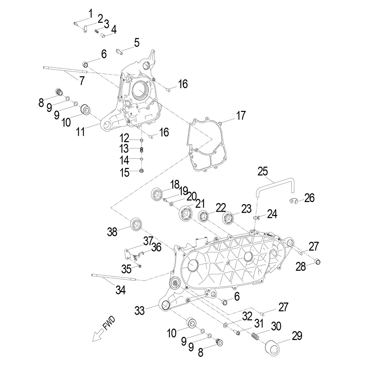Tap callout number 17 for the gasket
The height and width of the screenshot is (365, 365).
click(x=241, y=115)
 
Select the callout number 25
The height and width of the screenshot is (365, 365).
click(x=263, y=171)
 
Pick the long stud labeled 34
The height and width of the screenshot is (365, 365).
click(x=114, y=277)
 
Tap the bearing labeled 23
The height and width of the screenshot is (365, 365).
click(x=228, y=218)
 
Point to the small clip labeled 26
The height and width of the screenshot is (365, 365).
click(x=293, y=201)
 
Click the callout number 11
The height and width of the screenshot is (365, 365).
click(x=81, y=132)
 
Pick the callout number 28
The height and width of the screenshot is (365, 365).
click(x=301, y=266)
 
